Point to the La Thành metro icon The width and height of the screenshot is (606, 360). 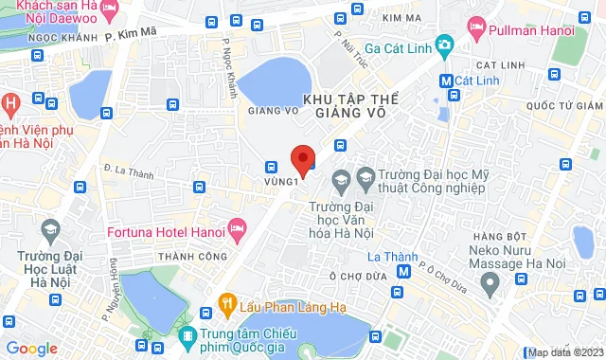click(x=403, y=271)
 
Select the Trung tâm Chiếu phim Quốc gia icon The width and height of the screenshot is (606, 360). click(x=188, y=336)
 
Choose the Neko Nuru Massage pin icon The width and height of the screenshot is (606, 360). click(x=490, y=281)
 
